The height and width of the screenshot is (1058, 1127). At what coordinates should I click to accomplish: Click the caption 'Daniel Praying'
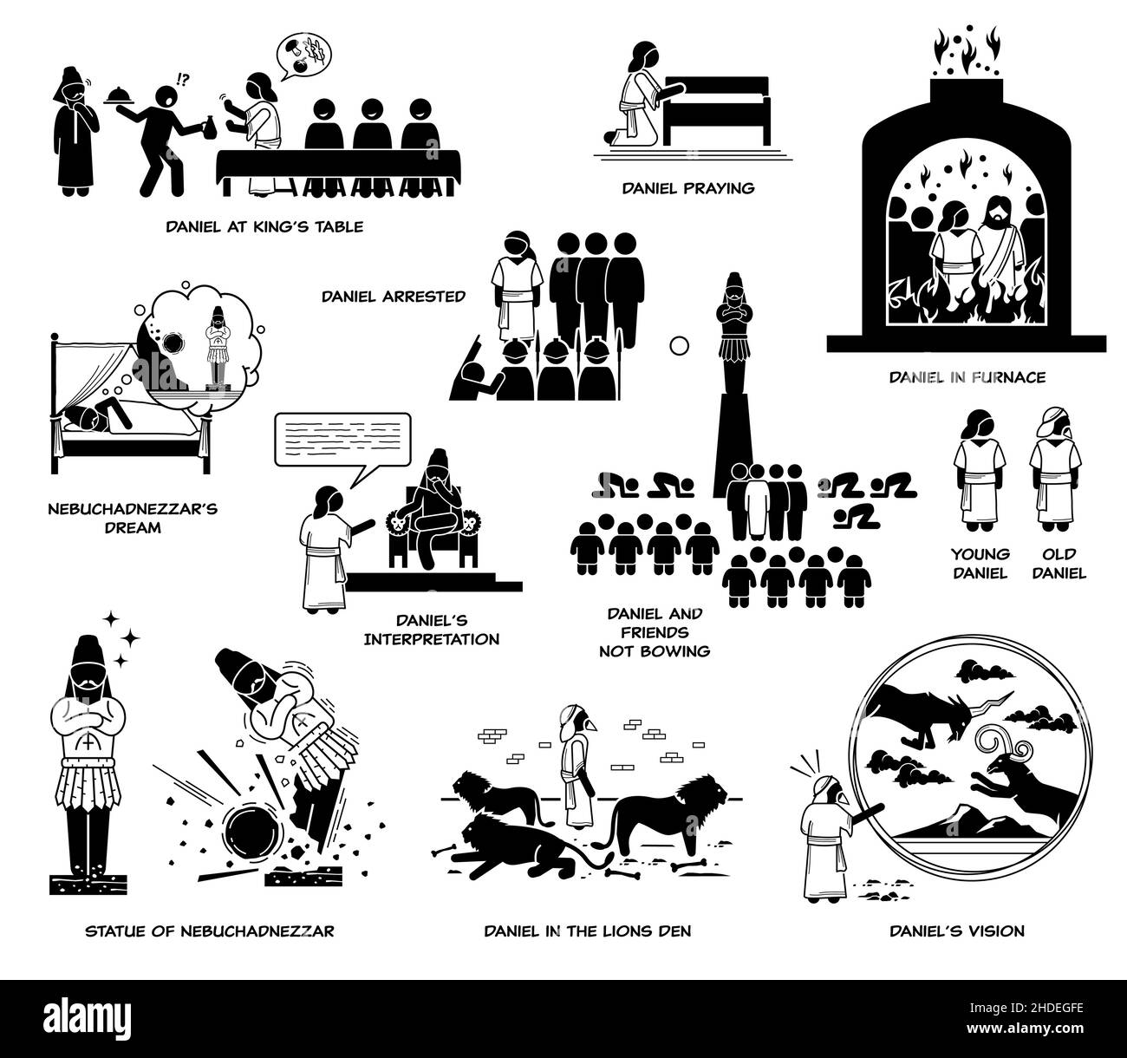(688, 188)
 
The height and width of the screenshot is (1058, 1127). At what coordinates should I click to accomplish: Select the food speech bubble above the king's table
(303, 56)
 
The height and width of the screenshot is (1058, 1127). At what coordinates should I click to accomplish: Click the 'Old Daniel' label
(1059, 564)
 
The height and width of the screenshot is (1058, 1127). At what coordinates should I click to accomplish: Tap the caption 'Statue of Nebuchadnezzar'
(210, 931)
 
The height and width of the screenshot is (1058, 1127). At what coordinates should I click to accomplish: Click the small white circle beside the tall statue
(680, 346)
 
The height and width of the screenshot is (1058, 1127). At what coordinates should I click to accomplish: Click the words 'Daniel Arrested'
(394, 297)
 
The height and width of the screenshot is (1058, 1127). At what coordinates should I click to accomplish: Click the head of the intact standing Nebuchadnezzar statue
(88, 664)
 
